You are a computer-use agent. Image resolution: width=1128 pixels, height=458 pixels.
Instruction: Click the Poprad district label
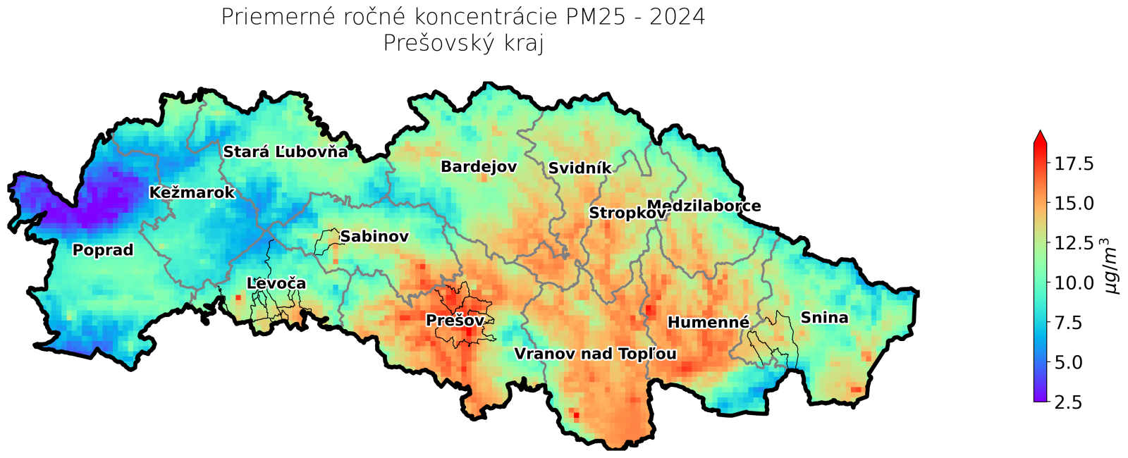click(x=103, y=250)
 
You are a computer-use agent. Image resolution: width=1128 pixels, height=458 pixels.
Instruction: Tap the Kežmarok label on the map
click(x=192, y=192)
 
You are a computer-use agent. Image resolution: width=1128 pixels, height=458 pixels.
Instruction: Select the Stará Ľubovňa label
click(x=286, y=152)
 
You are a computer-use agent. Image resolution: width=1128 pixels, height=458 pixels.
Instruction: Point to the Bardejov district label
click(x=479, y=167)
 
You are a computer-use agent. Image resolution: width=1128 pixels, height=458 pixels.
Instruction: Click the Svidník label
click(x=580, y=168)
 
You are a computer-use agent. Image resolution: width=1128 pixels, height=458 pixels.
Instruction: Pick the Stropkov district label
click(x=627, y=213)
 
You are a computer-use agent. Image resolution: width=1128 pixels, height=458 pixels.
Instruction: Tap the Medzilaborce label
click(x=704, y=206)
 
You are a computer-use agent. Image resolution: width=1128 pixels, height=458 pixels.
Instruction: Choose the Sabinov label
click(x=374, y=237)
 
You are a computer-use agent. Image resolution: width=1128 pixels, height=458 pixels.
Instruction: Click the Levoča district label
click(x=276, y=283)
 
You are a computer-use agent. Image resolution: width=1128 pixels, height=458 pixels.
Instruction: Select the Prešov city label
click(x=455, y=321)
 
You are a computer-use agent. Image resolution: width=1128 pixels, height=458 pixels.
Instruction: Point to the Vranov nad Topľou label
click(x=595, y=354)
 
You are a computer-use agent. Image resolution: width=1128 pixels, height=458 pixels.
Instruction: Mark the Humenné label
click(x=708, y=323)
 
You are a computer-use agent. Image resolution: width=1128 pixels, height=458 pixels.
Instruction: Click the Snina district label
click(x=824, y=318)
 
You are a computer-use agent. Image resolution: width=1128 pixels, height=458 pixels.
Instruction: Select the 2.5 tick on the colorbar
click(x=1068, y=402)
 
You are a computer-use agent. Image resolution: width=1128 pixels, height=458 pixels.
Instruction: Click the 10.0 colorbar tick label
click(x=1074, y=283)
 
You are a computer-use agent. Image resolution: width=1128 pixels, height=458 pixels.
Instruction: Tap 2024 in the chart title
click(x=677, y=17)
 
